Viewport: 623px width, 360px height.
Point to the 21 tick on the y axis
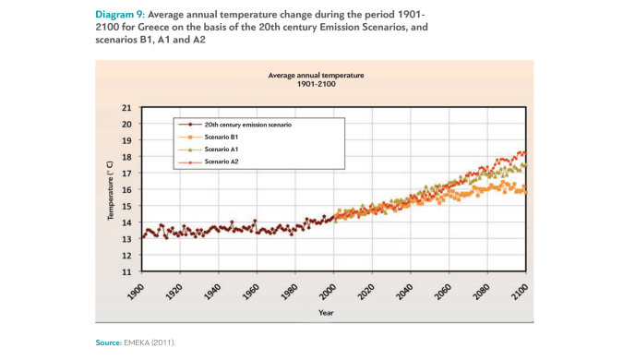pyautogui.click(x=126, y=108)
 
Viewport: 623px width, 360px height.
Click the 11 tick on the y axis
pyautogui.click(x=126, y=272)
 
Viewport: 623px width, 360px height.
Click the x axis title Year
pyautogui.click(x=326, y=312)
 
